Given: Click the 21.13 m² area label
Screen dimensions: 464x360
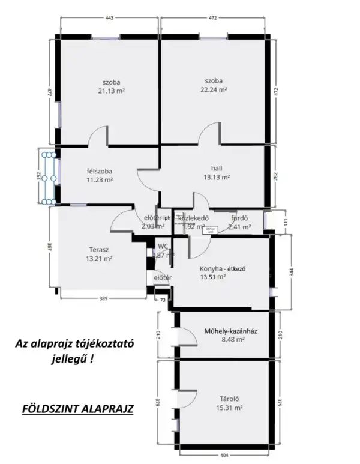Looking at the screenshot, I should [x=111, y=91].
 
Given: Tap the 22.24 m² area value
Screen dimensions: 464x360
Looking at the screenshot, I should [x=213, y=90].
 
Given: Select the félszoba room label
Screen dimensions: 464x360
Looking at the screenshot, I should [x=98, y=170].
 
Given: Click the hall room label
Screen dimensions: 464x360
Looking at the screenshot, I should [x=217, y=168].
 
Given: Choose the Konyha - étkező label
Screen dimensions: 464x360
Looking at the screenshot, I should [x=223, y=268].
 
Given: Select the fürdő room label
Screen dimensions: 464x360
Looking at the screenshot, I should [x=239, y=217].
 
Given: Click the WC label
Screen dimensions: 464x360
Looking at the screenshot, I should [x=163, y=246].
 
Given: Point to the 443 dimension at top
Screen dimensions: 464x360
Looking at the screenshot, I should [x=109, y=19].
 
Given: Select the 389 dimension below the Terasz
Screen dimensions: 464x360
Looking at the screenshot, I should [x=103, y=298].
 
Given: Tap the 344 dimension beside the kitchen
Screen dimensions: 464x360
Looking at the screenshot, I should [x=292, y=271].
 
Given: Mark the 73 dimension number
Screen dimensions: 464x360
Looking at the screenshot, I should [x=161, y=299].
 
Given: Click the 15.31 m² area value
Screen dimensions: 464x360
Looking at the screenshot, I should [x=229, y=408].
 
